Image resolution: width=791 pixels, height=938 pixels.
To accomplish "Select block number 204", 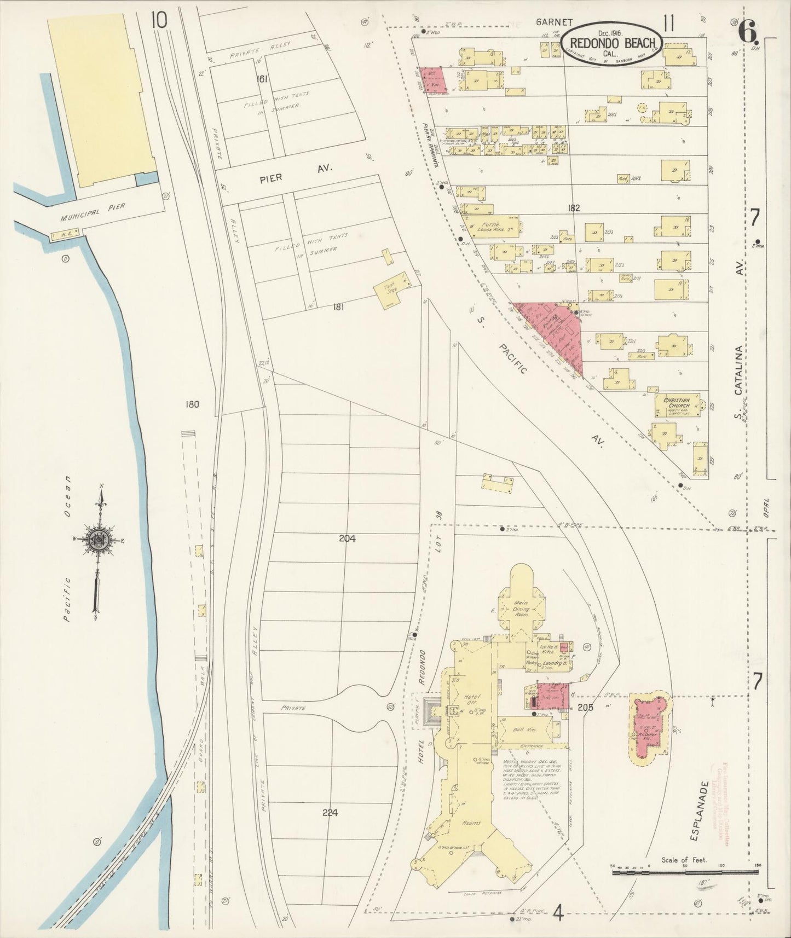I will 347,539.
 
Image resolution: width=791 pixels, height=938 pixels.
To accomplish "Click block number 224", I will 330,813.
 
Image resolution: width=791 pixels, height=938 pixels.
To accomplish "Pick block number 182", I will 574,208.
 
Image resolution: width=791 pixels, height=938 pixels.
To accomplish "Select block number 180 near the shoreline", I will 192,404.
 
